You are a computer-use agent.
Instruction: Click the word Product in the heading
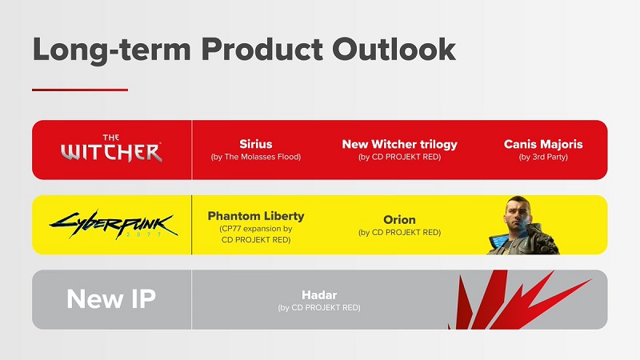pyautogui.click(x=243, y=49)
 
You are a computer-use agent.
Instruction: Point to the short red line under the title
pyautogui.click(x=80, y=90)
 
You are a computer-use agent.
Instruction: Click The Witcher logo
pyautogui.click(x=112, y=149)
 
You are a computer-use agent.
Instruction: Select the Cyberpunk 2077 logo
pyautogui.click(x=112, y=225)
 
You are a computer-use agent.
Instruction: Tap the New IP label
pyautogui.click(x=111, y=299)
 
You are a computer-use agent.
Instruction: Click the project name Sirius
pyautogui.click(x=256, y=144)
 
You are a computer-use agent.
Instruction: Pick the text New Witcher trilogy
pyautogui.click(x=399, y=144)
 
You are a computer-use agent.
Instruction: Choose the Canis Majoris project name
pyautogui.click(x=543, y=144)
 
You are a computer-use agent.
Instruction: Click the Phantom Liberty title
pyautogui.click(x=256, y=216)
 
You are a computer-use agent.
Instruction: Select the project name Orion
pyautogui.click(x=399, y=219)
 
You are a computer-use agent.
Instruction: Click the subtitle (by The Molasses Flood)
pyautogui.click(x=256, y=158)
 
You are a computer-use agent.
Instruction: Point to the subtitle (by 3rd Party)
pyautogui.click(x=543, y=158)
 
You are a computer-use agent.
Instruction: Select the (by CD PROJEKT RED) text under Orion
pyautogui.click(x=399, y=233)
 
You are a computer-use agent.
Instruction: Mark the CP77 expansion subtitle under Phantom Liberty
pyautogui.click(x=256, y=234)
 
